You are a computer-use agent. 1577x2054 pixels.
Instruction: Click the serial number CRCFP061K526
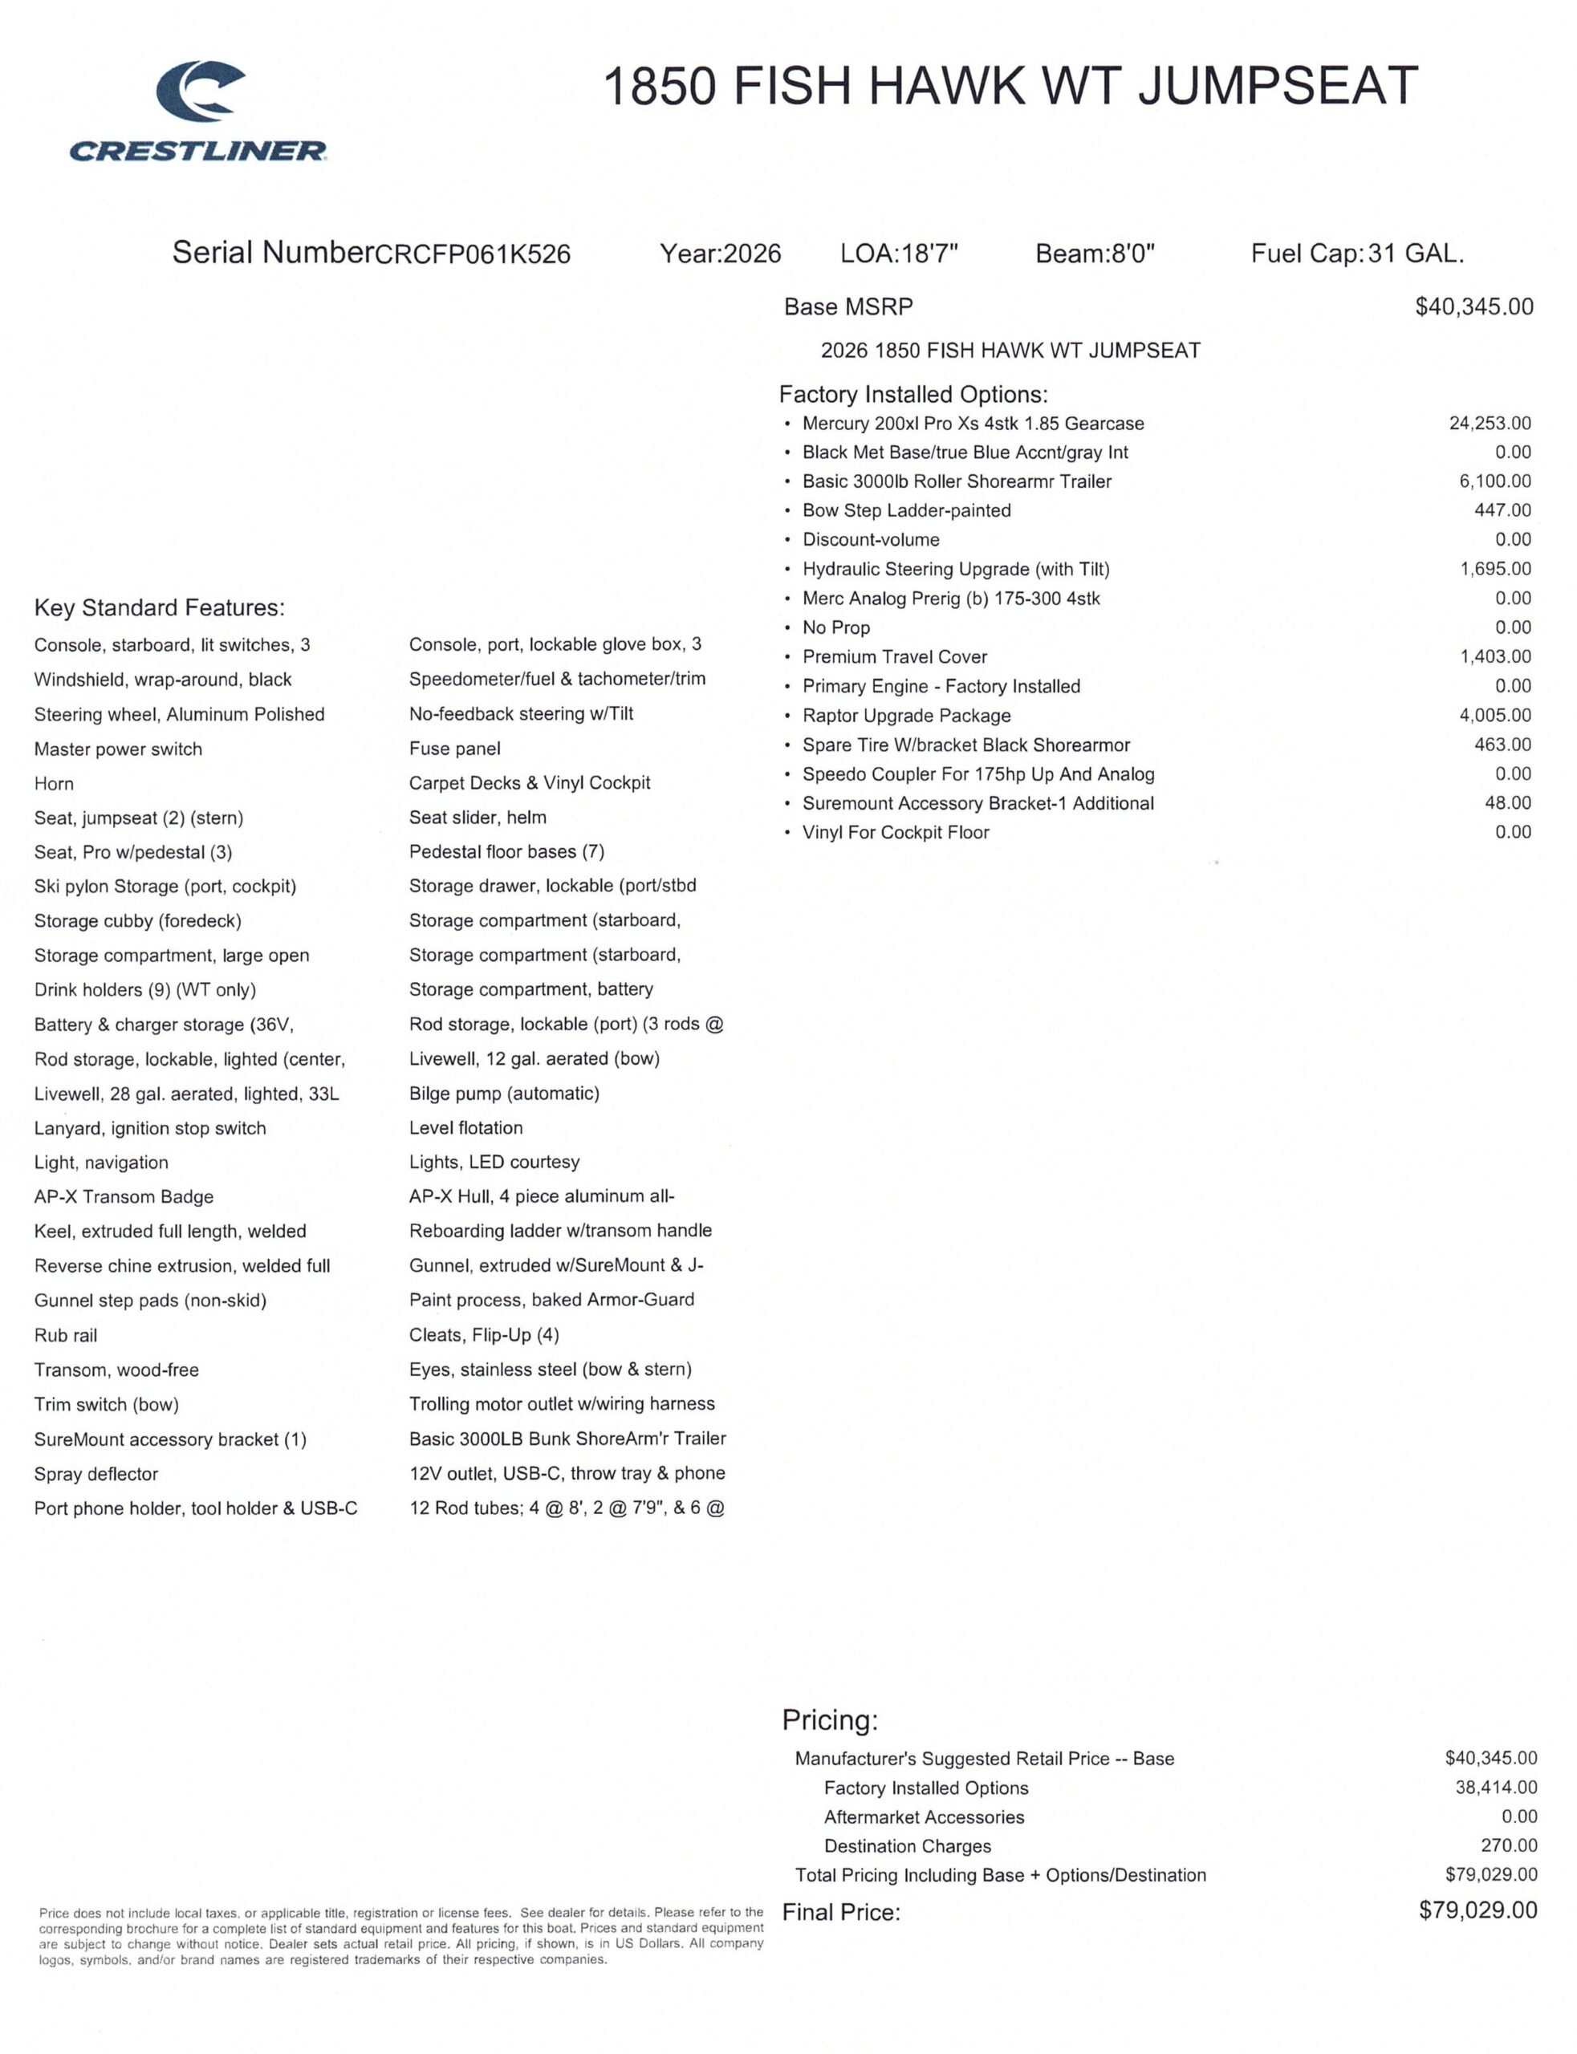click(472, 254)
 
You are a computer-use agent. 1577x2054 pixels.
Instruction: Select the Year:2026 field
click(720, 254)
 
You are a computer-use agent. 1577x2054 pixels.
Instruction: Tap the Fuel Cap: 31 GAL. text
click(1356, 254)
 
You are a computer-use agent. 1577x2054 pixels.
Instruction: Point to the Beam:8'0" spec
click(1095, 254)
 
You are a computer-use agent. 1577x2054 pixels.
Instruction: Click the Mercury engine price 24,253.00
click(1490, 423)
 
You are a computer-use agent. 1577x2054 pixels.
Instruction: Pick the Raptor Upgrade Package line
click(906, 716)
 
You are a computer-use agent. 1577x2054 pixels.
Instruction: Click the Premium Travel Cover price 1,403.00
click(1494, 657)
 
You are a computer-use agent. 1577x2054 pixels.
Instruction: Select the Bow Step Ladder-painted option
click(906, 510)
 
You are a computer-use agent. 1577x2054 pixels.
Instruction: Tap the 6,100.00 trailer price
click(1494, 481)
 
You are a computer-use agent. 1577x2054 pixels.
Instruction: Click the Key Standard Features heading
click(159, 608)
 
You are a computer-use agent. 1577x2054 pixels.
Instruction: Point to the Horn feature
click(54, 784)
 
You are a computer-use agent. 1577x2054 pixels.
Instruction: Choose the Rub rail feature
click(66, 1335)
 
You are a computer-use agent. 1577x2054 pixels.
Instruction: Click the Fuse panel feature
click(454, 749)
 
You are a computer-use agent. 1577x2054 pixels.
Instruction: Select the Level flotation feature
click(465, 1128)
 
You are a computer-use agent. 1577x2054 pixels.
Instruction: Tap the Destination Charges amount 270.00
click(1509, 1845)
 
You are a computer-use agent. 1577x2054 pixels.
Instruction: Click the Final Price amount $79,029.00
click(1477, 1910)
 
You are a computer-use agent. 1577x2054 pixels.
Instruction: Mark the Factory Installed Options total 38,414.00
click(1495, 1788)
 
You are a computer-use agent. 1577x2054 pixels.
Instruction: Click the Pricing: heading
click(830, 1720)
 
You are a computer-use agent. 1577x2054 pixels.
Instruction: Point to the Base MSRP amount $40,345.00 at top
click(1473, 306)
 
